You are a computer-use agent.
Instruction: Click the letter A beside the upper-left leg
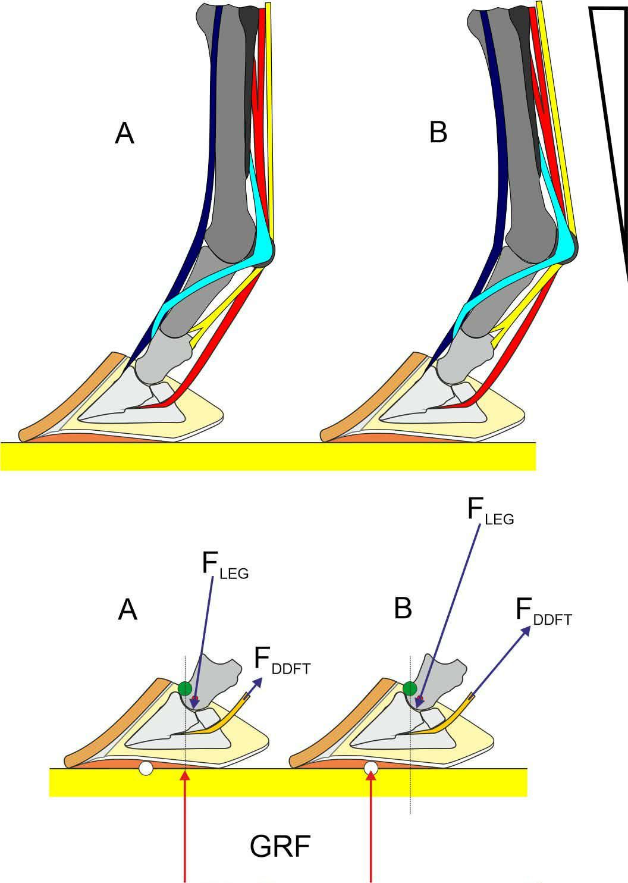tap(124, 134)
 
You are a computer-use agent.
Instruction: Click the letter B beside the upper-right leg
tap(438, 133)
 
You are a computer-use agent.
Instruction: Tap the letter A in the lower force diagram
tap(128, 610)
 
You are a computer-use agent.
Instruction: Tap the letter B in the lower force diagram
tap(403, 609)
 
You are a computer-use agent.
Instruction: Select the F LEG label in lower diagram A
tap(224, 566)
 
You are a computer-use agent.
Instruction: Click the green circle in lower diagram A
tap(185, 689)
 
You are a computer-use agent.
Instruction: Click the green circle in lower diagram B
tap(410, 689)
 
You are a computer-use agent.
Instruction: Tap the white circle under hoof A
tap(145, 769)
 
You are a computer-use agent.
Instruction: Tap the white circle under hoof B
tap(371, 769)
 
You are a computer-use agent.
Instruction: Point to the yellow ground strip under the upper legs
tap(268, 457)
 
